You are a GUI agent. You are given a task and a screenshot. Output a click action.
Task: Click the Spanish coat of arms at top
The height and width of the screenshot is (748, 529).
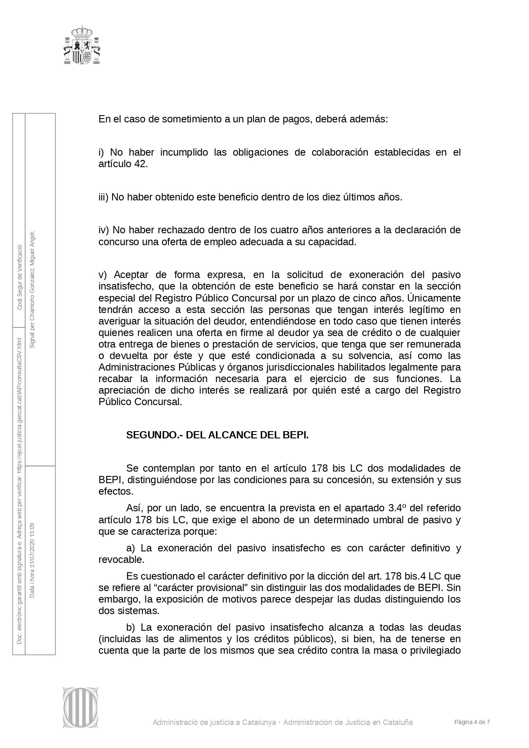(x=82, y=45)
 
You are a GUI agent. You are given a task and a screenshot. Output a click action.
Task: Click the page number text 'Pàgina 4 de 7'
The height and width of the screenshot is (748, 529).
(x=472, y=722)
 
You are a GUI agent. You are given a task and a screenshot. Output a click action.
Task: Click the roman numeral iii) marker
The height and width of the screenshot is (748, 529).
(x=104, y=197)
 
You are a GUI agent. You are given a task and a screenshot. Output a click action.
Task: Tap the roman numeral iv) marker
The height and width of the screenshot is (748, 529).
(x=104, y=230)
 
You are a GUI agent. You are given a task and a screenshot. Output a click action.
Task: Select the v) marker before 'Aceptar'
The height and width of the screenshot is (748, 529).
(x=102, y=275)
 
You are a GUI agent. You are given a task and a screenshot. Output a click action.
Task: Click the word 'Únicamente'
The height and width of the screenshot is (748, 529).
(x=434, y=298)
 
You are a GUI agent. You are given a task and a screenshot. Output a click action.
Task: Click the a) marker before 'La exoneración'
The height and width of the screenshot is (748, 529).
(x=130, y=548)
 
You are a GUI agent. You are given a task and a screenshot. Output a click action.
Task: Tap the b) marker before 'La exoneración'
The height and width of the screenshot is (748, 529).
(x=130, y=627)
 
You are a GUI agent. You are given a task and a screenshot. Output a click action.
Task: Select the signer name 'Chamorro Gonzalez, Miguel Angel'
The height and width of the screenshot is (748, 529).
(x=32, y=280)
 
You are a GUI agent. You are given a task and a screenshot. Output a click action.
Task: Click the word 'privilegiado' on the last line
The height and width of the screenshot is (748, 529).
(x=435, y=650)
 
